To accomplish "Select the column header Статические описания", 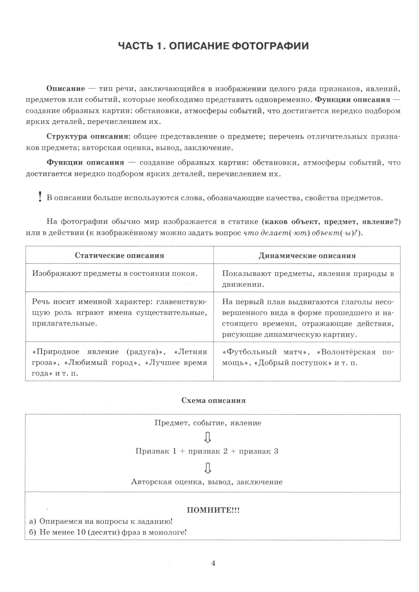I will (119, 255).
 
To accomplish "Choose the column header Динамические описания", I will (307, 256).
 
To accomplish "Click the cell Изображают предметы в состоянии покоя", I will (114, 274).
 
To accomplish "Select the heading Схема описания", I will (213, 400).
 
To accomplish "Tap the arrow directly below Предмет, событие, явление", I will (207, 437).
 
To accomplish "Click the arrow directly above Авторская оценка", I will (207, 467).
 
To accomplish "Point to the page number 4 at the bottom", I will (213, 564).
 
